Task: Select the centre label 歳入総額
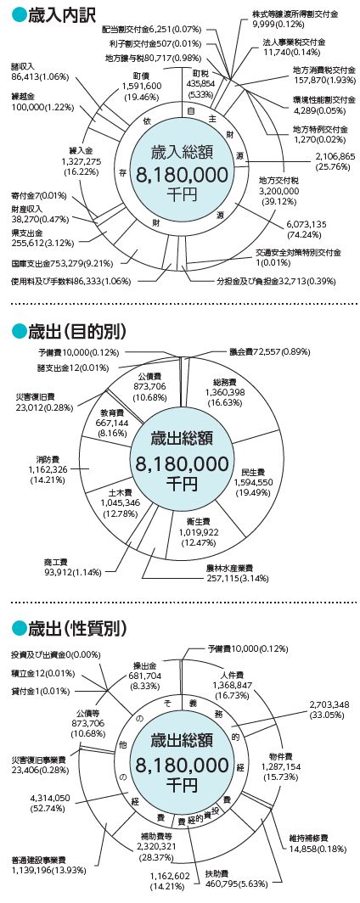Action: pyautogui.click(x=182, y=153)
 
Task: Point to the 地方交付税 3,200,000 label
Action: pyautogui.click(x=279, y=191)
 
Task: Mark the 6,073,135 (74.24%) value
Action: pyautogui.click(x=307, y=228)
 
